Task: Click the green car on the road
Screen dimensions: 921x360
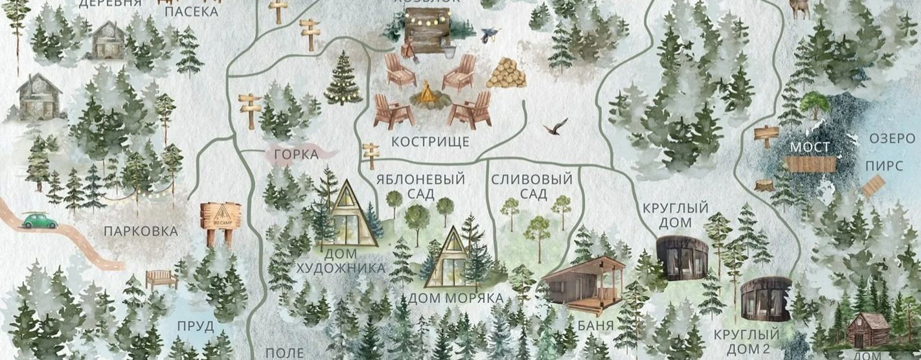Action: (39, 221)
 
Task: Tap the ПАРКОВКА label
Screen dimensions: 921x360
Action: (140, 231)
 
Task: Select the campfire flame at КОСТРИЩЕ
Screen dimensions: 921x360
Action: (427, 95)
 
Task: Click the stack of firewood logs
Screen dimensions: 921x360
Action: (506, 73)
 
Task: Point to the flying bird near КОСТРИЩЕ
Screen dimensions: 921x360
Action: (556, 126)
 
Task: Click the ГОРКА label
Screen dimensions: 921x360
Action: (296, 154)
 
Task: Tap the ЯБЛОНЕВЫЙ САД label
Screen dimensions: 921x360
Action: (421, 186)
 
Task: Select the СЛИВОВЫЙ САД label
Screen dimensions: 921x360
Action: (532, 186)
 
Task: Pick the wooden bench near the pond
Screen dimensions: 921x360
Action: (161, 278)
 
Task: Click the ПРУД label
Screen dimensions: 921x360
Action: (195, 326)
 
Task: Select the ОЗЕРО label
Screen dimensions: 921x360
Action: (892, 139)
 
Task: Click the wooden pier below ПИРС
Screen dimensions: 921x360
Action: (873, 186)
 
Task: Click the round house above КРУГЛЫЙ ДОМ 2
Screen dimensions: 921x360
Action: (766, 300)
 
